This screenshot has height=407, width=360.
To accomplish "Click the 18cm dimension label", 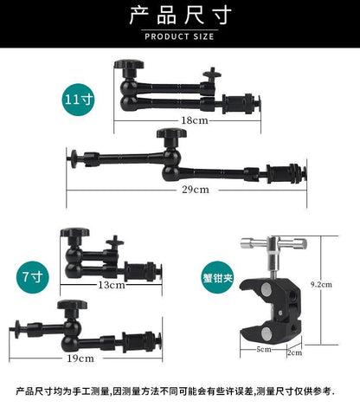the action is (195, 120).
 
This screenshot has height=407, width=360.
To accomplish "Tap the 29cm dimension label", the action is (196, 190).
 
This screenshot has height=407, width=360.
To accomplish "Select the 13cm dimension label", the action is (112, 285).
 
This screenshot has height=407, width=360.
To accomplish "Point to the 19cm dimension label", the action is (80, 359).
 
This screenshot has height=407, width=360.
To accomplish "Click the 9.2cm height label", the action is (321, 285).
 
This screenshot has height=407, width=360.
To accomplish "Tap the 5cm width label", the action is (264, 349).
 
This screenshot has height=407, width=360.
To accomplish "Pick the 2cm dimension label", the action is (294, 352).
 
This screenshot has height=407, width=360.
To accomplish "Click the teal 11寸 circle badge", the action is (79, 100).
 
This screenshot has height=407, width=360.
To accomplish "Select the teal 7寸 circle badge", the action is (33, 277).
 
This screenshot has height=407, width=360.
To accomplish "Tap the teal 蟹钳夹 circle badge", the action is (217, 278).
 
